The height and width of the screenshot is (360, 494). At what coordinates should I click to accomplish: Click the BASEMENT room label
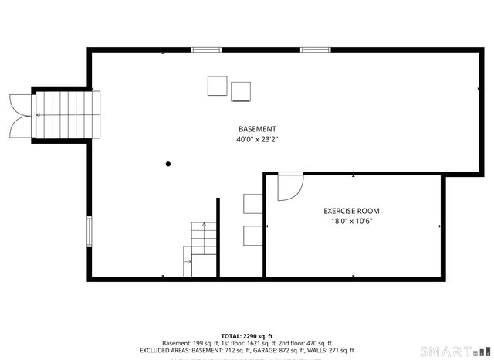(x=257, y=129)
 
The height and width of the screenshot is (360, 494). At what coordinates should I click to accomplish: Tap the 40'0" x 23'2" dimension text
(x=257, y=141)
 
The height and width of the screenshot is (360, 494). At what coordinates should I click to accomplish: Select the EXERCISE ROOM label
(x=351, y=211)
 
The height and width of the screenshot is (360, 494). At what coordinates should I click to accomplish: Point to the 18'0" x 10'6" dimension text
(x=351, y=222)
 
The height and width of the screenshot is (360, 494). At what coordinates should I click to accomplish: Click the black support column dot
(x=168, y=163)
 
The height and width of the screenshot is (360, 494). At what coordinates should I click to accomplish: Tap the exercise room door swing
(x=290, y=185)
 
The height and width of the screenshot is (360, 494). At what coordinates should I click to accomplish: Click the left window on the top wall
(x=206, y=50)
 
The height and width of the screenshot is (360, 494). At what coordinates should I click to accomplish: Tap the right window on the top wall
(x=315, y=50)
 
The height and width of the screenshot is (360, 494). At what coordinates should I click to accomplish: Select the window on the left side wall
(x=90, y=232)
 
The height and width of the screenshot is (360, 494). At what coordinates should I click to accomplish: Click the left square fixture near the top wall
(x=218, y=86)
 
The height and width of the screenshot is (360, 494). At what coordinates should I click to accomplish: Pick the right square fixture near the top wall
(x=242, y=91)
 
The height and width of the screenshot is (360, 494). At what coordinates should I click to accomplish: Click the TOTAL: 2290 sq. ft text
(x=247, y=336)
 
